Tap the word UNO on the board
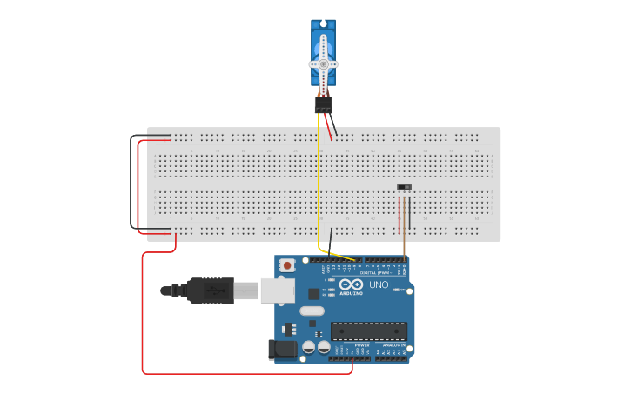tap(379, 284)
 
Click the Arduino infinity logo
tap(352, 284)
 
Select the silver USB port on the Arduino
tap(278, 290)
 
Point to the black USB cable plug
tap(209, 290)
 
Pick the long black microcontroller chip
tap(368, 330)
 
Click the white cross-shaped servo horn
tap(323, 63)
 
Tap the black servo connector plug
tap(323, 104)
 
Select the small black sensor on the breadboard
tap(404, 187)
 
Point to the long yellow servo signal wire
tap(319, 191)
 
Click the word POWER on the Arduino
tap(362, 345)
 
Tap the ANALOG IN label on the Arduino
tap(393, 345)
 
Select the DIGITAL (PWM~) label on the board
tap(375, 272)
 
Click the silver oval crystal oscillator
tap(311, 311)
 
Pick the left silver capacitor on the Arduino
tap(310, 347)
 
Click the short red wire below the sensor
tap(399, 215)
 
